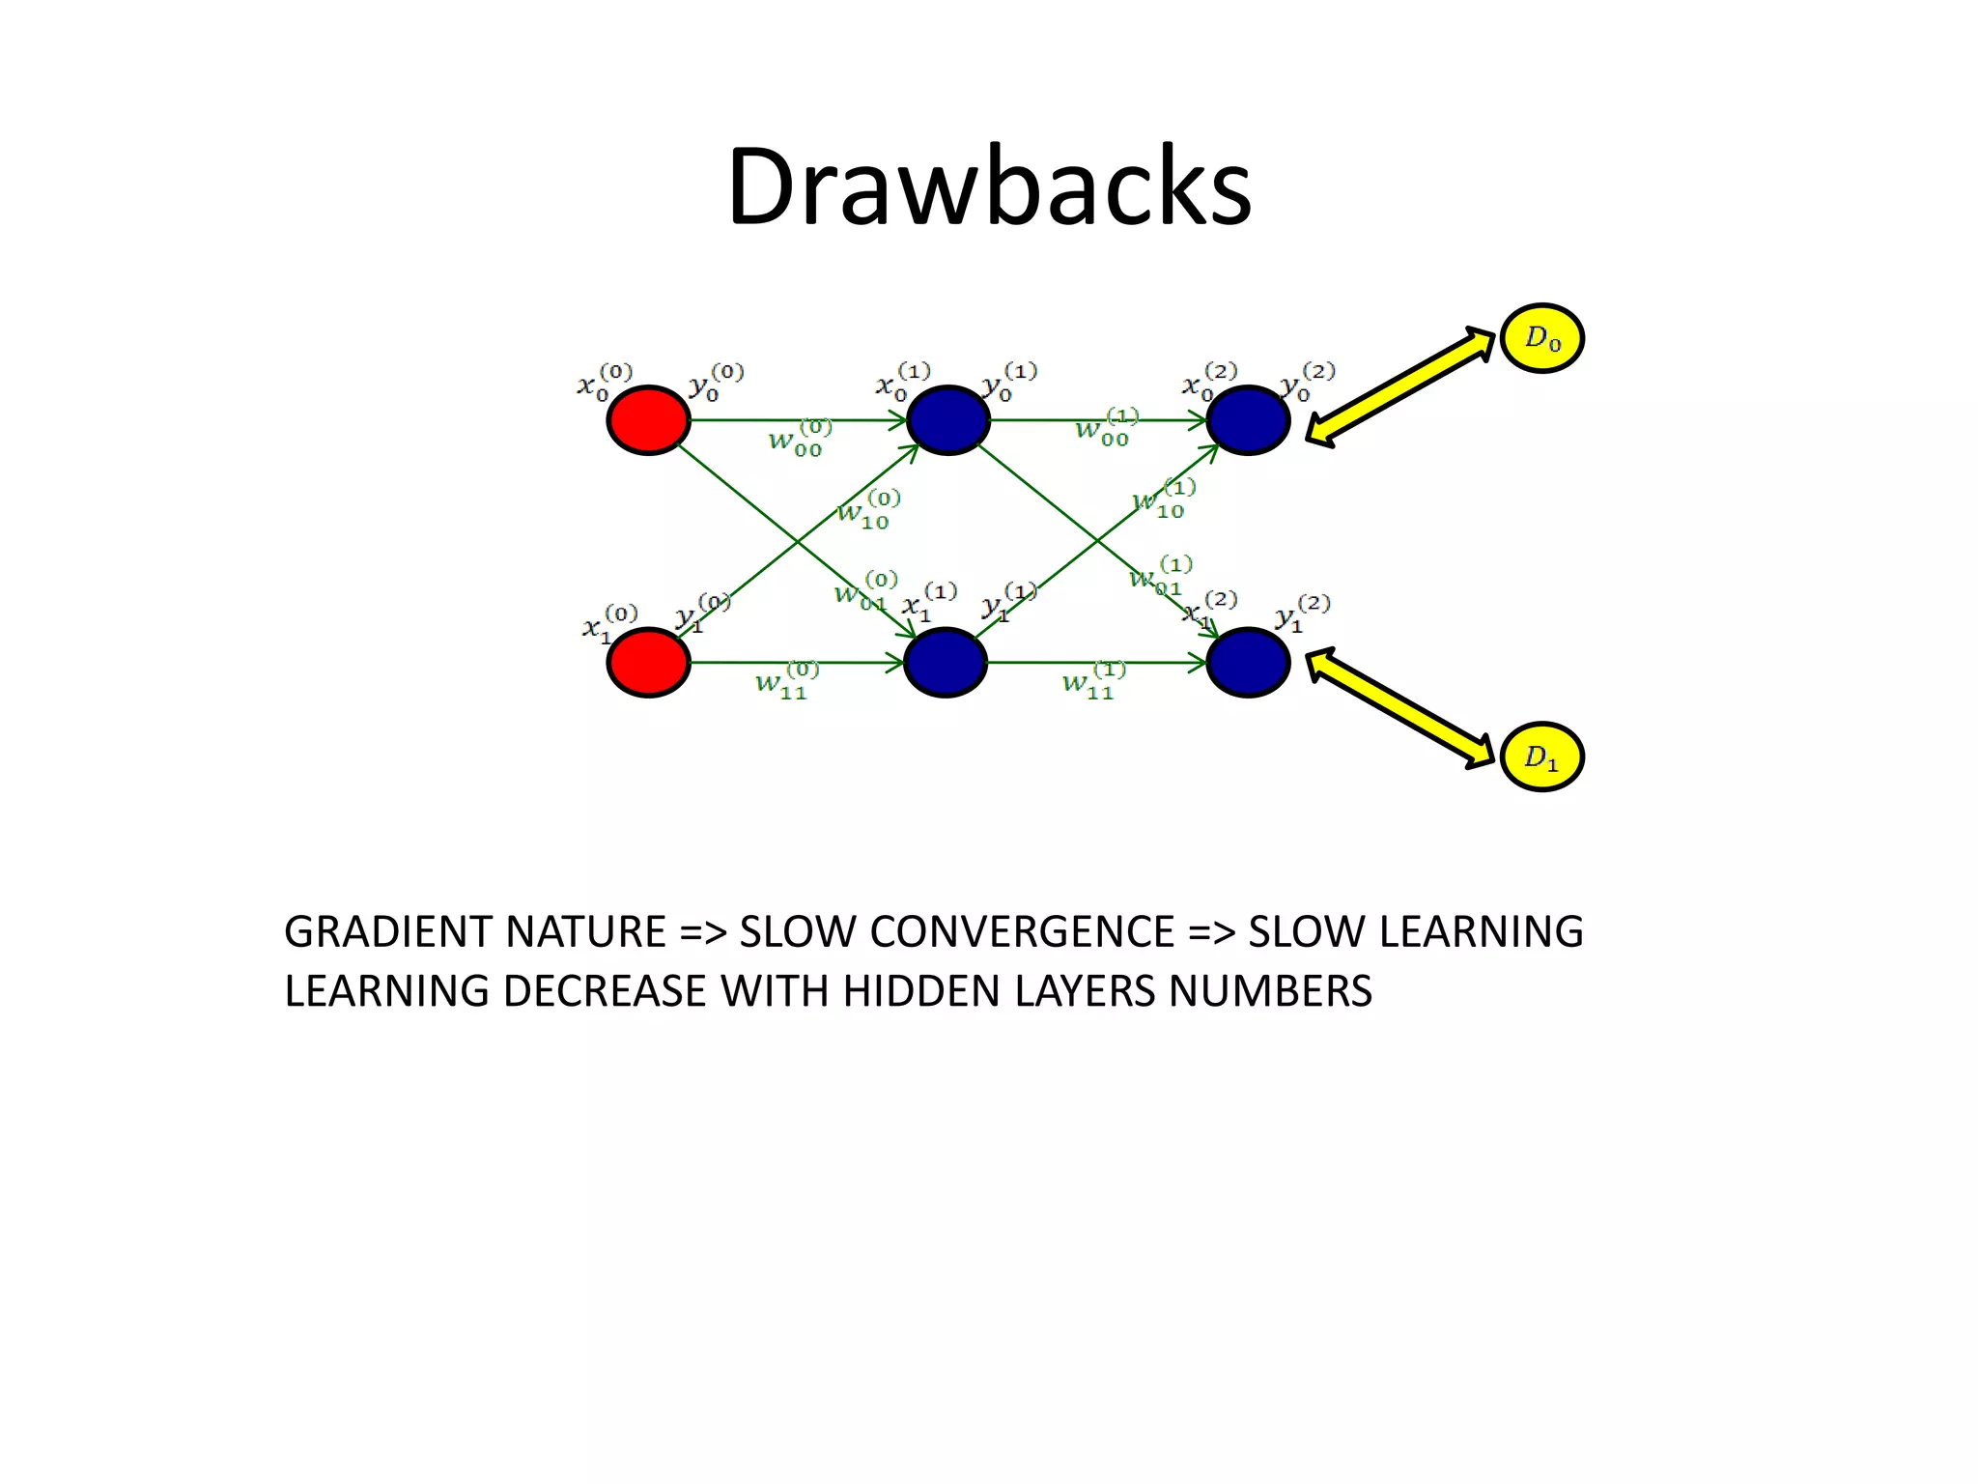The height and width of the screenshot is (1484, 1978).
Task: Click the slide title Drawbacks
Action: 989,185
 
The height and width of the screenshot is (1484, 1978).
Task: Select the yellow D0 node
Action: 1541,338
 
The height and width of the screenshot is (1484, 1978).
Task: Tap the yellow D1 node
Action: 1541,756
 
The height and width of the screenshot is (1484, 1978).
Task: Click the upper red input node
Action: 648,420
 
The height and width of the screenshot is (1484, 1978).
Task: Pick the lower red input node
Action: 648,662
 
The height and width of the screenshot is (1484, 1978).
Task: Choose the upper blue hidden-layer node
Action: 947,420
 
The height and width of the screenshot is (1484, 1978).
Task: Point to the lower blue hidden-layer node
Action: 946,662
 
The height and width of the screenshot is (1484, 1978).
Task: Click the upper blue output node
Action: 1248,420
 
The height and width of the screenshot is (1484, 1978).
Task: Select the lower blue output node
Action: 1248,662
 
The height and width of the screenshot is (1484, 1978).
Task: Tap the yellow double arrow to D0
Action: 1400,385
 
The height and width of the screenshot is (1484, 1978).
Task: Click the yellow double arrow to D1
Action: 1400,708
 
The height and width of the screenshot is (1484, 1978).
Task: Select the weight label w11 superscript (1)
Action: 1092,682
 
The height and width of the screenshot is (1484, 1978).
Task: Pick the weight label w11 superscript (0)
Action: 785,682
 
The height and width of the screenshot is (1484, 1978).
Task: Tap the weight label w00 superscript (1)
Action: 1106,428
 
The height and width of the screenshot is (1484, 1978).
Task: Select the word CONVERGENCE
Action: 1022,932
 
